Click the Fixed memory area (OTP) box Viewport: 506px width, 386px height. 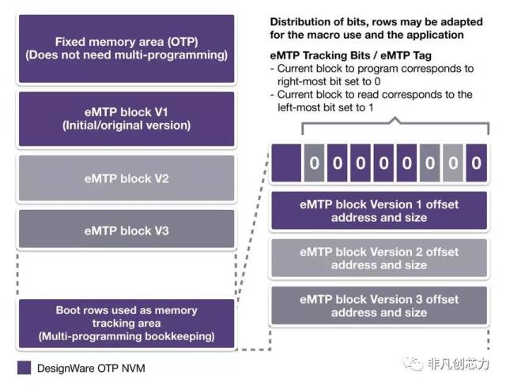point(126,49)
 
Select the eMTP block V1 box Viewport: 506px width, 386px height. point(126,118)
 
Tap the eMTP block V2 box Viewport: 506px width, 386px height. point(126,178)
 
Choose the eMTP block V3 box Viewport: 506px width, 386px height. point(126,231)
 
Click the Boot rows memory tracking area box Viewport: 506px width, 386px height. point(126,324)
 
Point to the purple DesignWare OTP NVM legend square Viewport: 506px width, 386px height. point(23,368)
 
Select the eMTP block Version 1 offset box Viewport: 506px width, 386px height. point(379,211)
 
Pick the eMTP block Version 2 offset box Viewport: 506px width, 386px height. point(379,258)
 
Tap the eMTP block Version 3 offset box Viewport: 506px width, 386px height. point(379,306)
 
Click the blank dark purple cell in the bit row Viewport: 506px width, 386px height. point(285,163)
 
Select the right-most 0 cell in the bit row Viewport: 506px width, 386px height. point(475,163)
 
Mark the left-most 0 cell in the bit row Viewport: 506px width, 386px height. point(313,163)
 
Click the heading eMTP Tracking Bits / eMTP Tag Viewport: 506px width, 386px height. point(349,55)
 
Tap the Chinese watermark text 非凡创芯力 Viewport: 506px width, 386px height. point(458,364)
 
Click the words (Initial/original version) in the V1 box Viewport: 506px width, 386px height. point(126,126)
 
